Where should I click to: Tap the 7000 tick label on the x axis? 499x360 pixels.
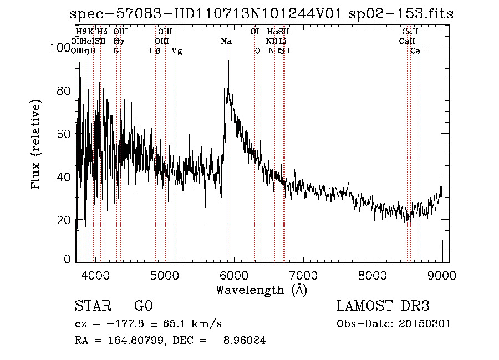(303, 275)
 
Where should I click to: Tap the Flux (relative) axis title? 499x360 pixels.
(37, 145)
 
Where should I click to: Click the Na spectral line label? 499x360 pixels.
(226, 42)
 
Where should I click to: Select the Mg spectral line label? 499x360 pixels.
(176, 51)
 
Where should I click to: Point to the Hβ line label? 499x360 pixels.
(155, 51)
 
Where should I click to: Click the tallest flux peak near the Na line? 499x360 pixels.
(228, 61)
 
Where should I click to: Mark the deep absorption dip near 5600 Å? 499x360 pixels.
(205, 224)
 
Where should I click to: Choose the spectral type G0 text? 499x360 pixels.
(143, 306)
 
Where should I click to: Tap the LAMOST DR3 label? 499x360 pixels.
(383, 306)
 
